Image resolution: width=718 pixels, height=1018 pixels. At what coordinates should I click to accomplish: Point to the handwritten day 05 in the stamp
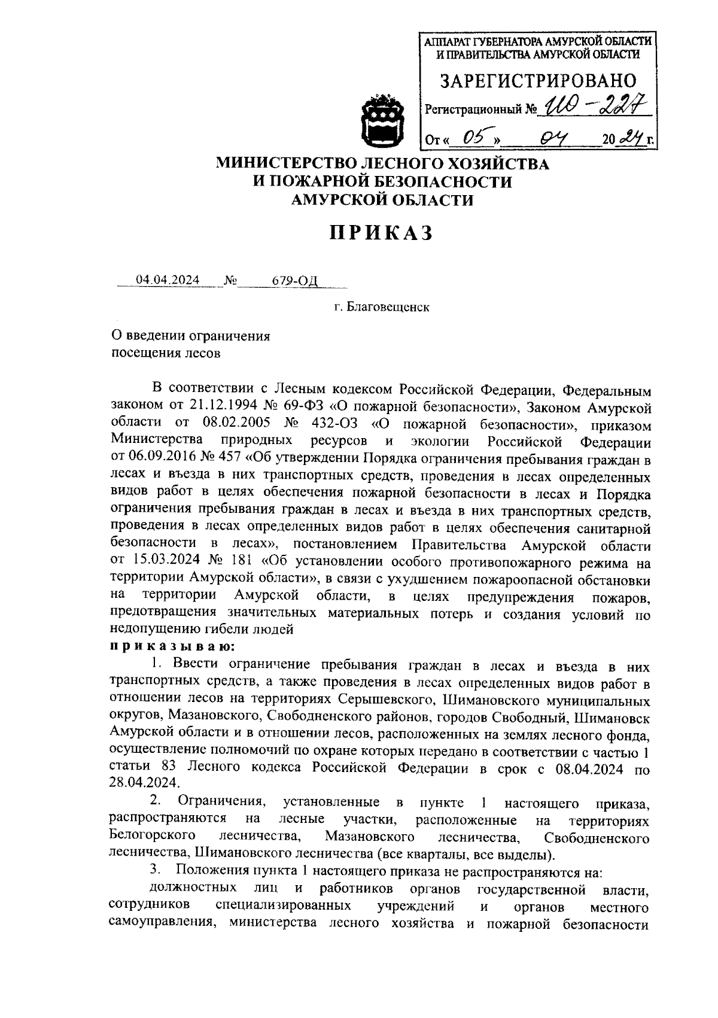(x=473, y=139)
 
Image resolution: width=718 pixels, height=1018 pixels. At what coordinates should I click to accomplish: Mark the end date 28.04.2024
(x=144, y=783)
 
